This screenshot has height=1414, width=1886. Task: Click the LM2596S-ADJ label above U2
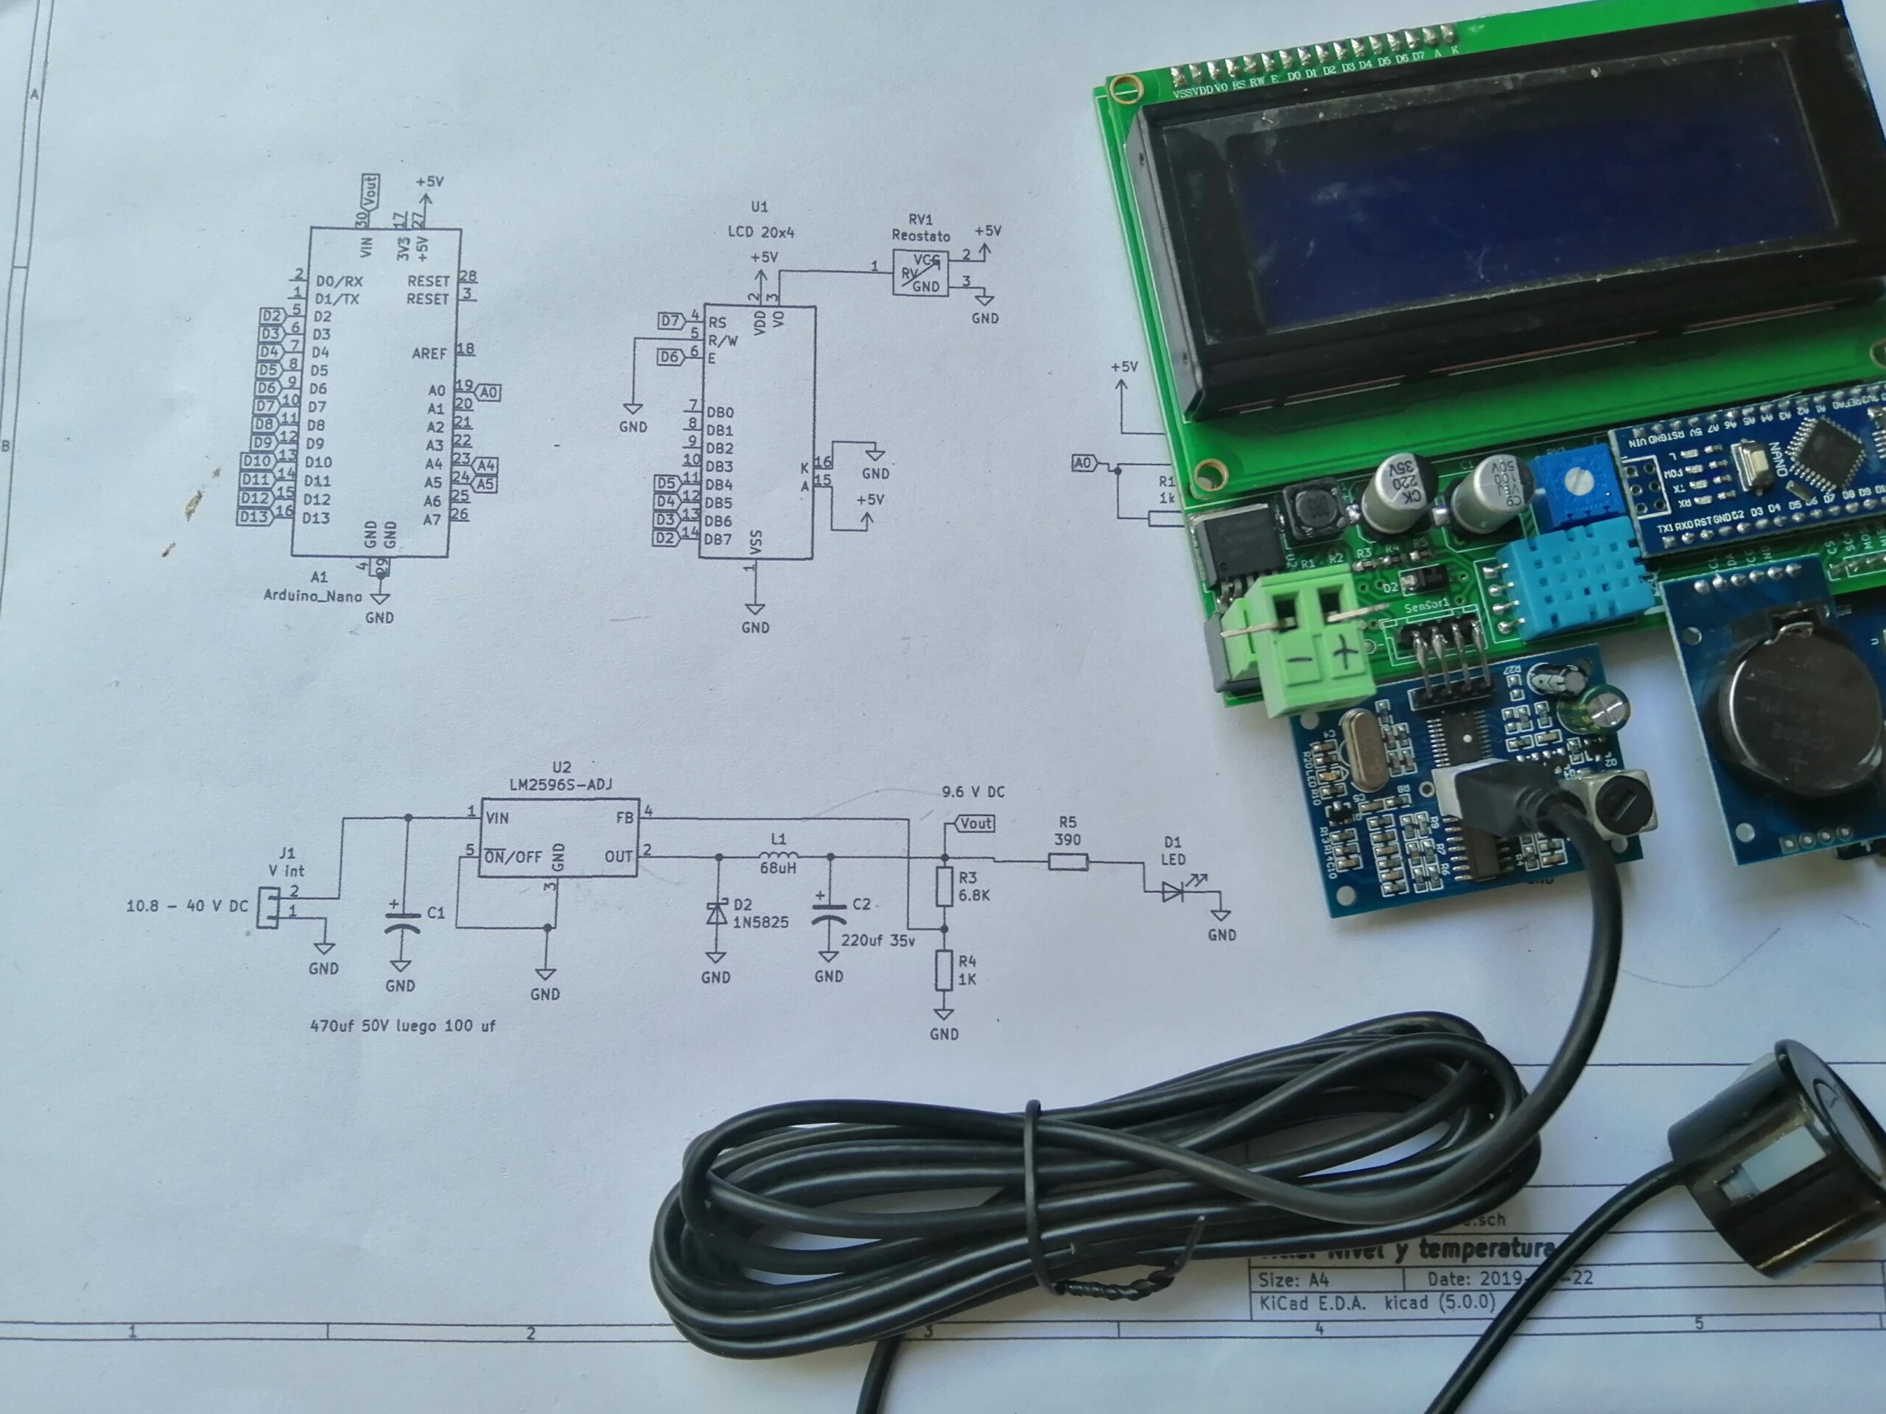(x=560, y=784)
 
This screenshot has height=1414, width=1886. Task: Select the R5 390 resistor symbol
(x=1068, y=862)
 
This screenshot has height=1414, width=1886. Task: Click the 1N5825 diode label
(x=760, y=922)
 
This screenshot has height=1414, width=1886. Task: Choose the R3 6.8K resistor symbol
(x=944, y=887)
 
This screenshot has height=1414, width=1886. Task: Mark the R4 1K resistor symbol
(x=944, y=970)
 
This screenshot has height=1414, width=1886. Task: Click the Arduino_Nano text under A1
(x=312, y=596)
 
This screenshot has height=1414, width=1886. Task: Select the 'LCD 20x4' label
(x=760, y=232)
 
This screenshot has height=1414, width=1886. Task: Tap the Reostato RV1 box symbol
(x=920, y=274)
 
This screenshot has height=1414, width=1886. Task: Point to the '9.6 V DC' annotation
(x=973, y=792)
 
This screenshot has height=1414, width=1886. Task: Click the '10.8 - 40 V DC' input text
(x=186, y=906)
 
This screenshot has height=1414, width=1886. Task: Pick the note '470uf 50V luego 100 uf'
(x=402, y=1025)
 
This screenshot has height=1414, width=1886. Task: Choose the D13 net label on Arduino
(x=254, y=516)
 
